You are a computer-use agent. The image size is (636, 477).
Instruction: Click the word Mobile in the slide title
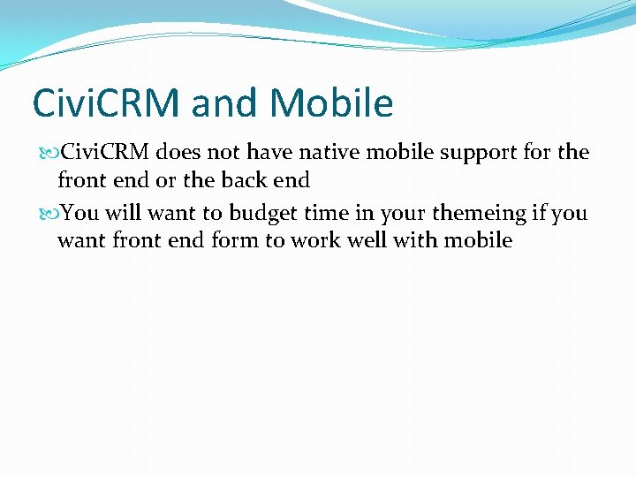(x=331, y=103)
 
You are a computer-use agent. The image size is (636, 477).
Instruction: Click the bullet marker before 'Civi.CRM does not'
(x=48, y=153)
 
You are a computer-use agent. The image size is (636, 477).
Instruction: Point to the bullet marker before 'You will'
(x=48, y=213)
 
